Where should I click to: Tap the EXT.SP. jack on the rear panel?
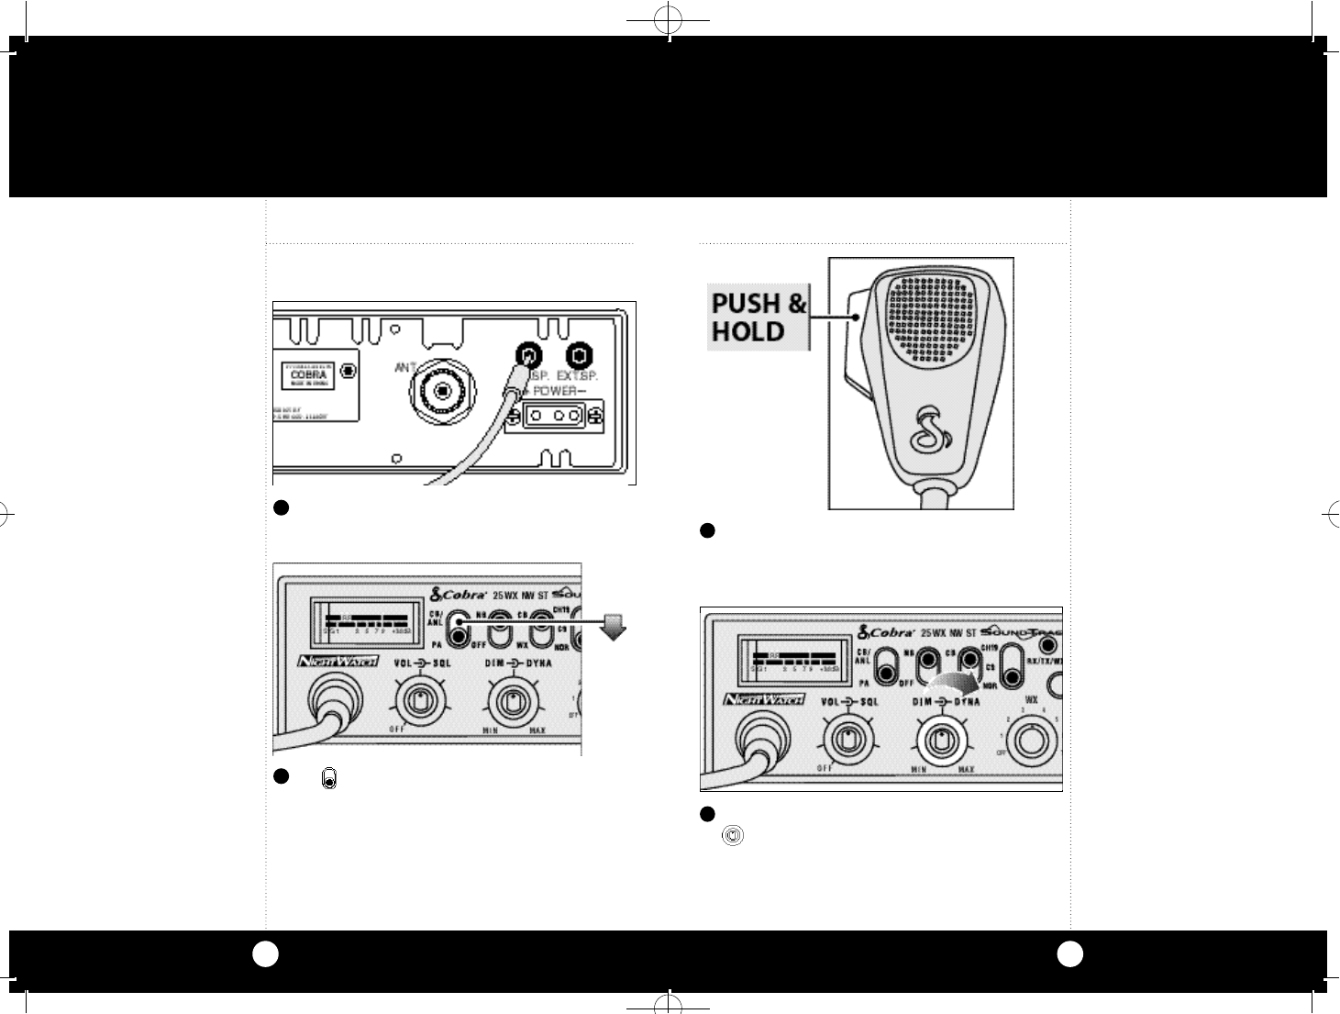tap(578, 355)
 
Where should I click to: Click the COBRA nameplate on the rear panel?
tap(310, 375)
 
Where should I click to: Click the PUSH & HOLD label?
tap(759, 317)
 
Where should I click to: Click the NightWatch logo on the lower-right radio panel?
tap(764, 700)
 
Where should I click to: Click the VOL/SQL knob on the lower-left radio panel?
tap(419, 702)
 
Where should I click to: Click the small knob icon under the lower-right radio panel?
tap(733, 836)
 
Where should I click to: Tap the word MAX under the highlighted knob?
tap(966, 769)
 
